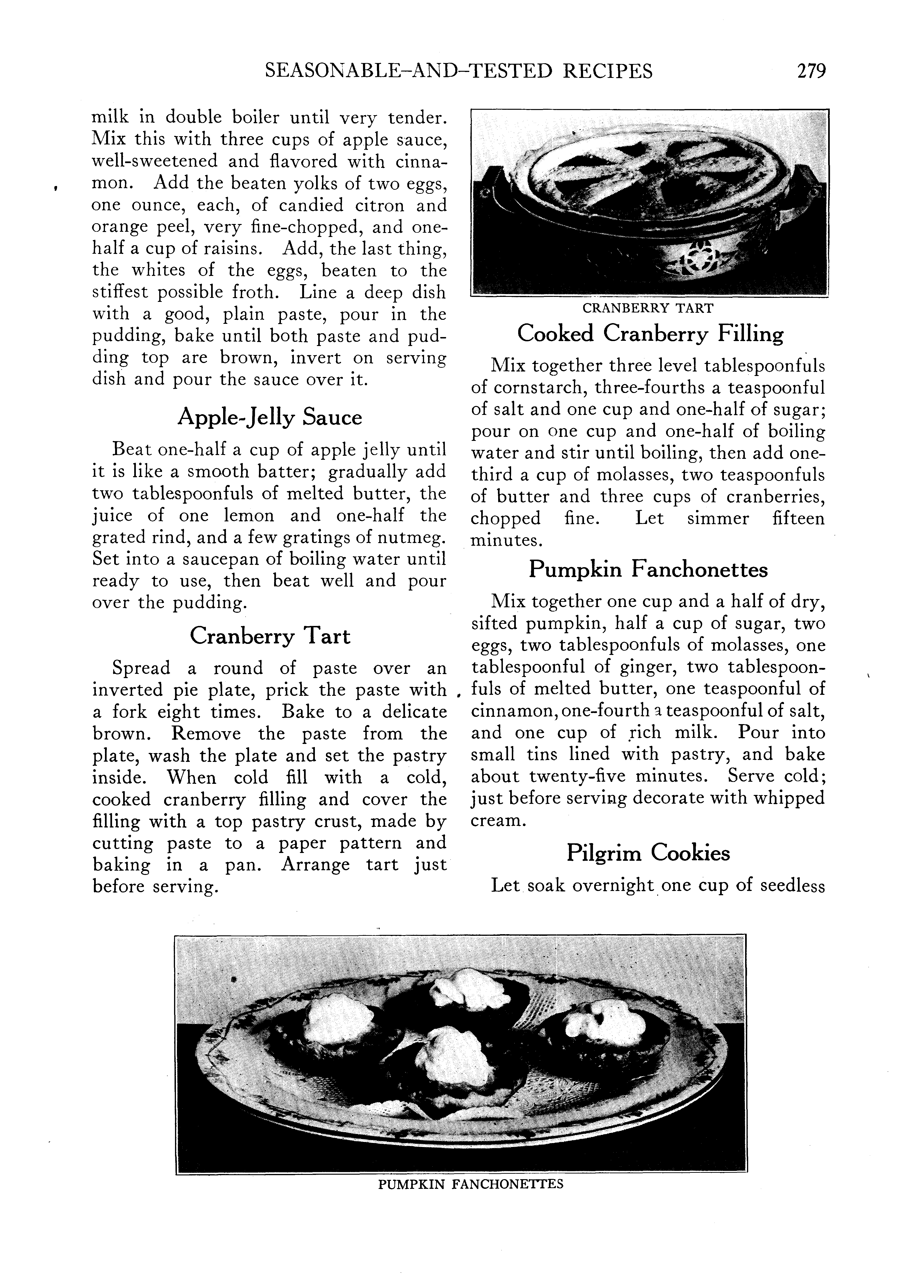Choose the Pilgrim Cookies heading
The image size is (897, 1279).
(x=647, y=853)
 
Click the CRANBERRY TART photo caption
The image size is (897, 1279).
(x=647, y=308)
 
